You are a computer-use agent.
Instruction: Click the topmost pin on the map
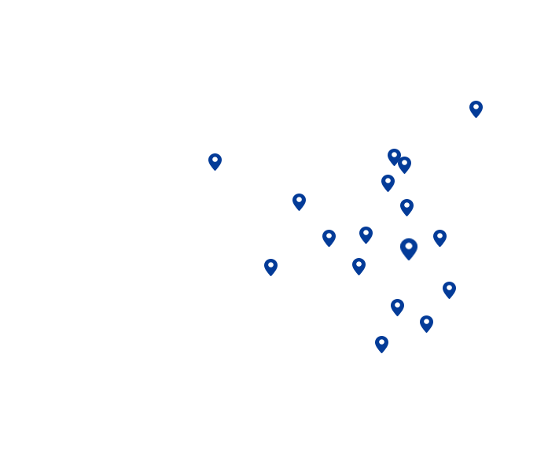pos(476,109)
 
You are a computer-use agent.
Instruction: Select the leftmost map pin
pos(215,161)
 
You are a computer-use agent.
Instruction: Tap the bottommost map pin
pos(381,344)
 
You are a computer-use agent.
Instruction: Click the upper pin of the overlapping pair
pos(394,157)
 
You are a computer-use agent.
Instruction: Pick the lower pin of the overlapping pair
pos(404,164)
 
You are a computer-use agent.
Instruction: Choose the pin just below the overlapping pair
pos(388,183)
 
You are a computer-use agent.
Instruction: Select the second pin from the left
pos(299,201)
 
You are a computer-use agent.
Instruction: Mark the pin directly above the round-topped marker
pos(406,207)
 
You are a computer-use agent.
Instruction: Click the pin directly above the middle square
pos(366,234)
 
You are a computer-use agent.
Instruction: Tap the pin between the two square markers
pos(329,238)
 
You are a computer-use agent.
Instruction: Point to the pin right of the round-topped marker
pos(440,238)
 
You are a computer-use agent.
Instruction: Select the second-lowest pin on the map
pos(426,323)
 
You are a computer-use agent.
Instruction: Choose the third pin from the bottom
pos(397,307)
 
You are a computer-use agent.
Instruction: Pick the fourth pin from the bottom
pos(449,290)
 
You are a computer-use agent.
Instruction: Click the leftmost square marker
pos(270,267)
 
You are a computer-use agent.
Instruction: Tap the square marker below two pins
pos(359,267)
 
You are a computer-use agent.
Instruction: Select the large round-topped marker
pos(409,249)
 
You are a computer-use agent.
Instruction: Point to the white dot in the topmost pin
pos(476,106)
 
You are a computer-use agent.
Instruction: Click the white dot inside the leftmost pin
pos(215,159)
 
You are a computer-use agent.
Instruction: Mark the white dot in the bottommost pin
pos(381,341)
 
